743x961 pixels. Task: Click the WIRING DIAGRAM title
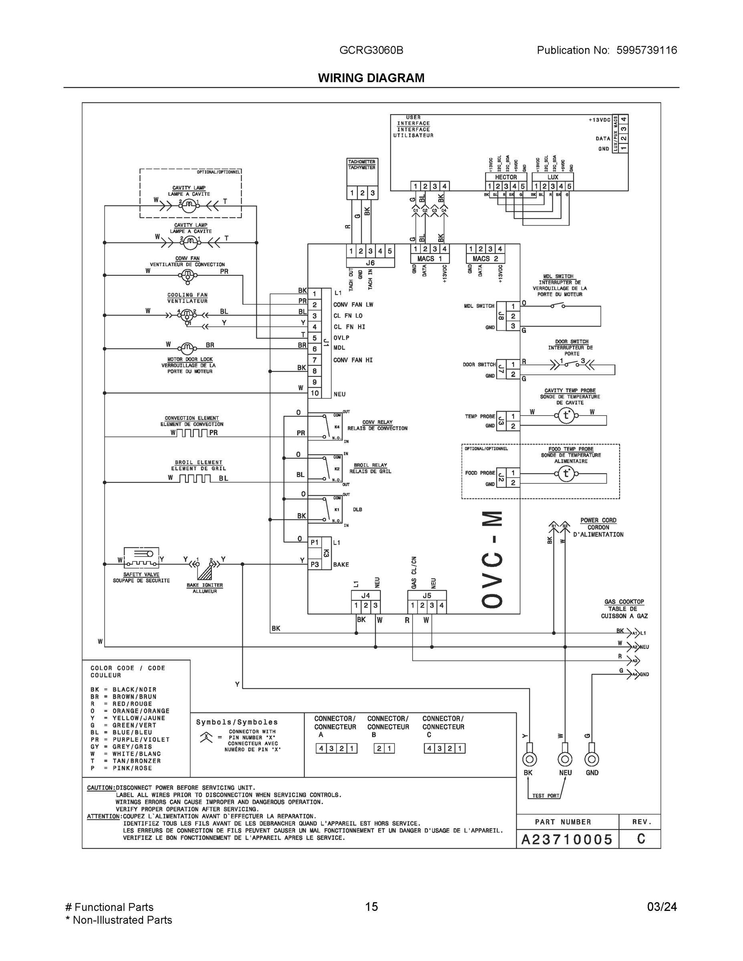tap(371, 78)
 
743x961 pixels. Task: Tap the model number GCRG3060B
tap(371, 50)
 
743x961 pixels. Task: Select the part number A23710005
tap(566, 840)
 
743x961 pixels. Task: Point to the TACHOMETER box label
tap(361, 162)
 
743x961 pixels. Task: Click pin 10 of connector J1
tap(314, 393)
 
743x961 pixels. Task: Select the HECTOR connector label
tap(506, 177)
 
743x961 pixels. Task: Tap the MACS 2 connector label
tap(485, 259)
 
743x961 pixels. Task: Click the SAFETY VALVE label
tap(141, 574)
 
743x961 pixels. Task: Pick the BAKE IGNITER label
tap(205, 585)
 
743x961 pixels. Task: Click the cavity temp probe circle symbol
tap(566, 415)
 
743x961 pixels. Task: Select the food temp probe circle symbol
tap(566, 473)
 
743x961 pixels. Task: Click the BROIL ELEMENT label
tap(199, 462)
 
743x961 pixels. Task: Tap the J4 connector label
tap(365, 595)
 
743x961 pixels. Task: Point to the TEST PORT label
tap(546, 796)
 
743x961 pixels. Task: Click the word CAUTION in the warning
tap(101, 788)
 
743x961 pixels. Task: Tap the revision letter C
tap(641, 839)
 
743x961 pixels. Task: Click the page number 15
tap(371, 907)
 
